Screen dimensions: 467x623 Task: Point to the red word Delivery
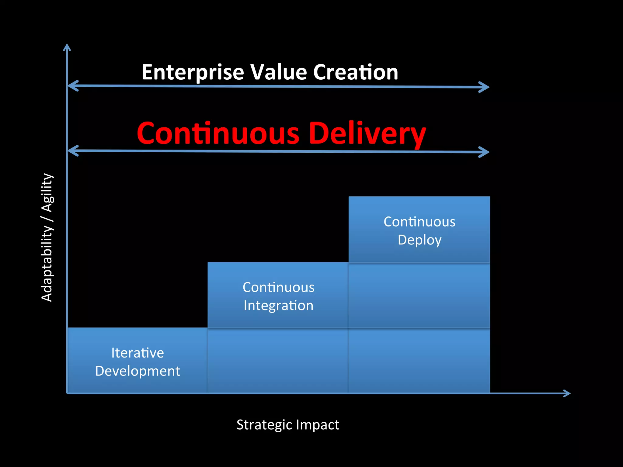(367, 134)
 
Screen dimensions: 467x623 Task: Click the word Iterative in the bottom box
(137, 353)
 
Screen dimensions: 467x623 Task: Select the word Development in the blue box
(137, 371)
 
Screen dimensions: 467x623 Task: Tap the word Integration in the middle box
(278, 306)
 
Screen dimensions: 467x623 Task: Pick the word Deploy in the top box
(419, 240)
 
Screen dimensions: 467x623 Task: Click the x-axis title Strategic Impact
(288, 425)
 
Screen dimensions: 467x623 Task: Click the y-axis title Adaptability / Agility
(47, 237)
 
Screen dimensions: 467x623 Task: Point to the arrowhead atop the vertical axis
(67, 47)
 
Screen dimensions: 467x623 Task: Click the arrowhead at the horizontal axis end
(567, 393)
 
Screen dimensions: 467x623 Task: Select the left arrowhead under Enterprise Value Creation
(72, 86)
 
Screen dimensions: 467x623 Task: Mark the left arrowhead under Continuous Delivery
(72, 151)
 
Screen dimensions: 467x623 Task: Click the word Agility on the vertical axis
(47, 193)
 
